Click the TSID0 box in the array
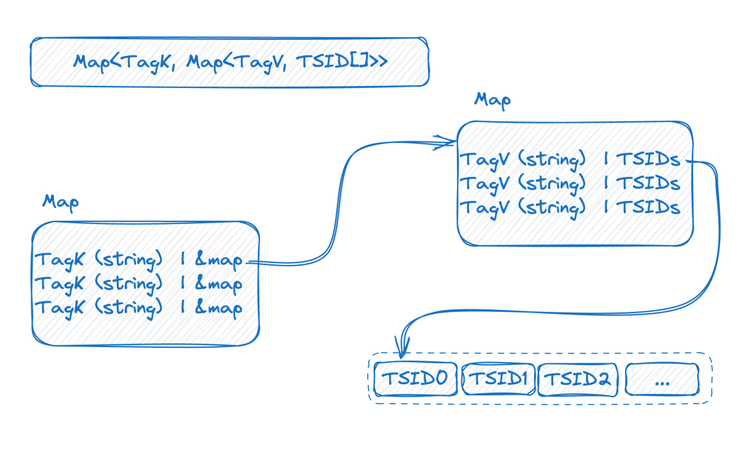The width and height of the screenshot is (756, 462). [x=415, y=379]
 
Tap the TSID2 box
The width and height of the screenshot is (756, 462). [x=578, y=379]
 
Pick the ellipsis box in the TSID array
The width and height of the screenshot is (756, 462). [x=662, y=379]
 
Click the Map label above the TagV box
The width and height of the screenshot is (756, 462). [x=492, y=101]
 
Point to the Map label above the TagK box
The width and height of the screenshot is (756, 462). [x=61, y=202]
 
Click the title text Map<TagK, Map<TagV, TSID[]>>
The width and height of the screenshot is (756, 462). [x=229, y=62]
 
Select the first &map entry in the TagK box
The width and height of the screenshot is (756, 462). [x=219, y=261]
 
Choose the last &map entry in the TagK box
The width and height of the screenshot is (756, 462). [x=219, y=308]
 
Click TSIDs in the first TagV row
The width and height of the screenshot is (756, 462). [x=648, y=159]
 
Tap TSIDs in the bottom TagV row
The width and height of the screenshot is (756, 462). [x=648, y=207]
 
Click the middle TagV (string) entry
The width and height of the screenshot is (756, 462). [x=523, y=184]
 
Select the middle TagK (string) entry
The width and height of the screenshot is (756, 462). [x=99, y=284]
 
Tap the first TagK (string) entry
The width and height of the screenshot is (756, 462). [x=99, y=261]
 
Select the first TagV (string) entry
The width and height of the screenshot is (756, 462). [x=523, y=159]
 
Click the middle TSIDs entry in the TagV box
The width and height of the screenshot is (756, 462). [x=648, y=184]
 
